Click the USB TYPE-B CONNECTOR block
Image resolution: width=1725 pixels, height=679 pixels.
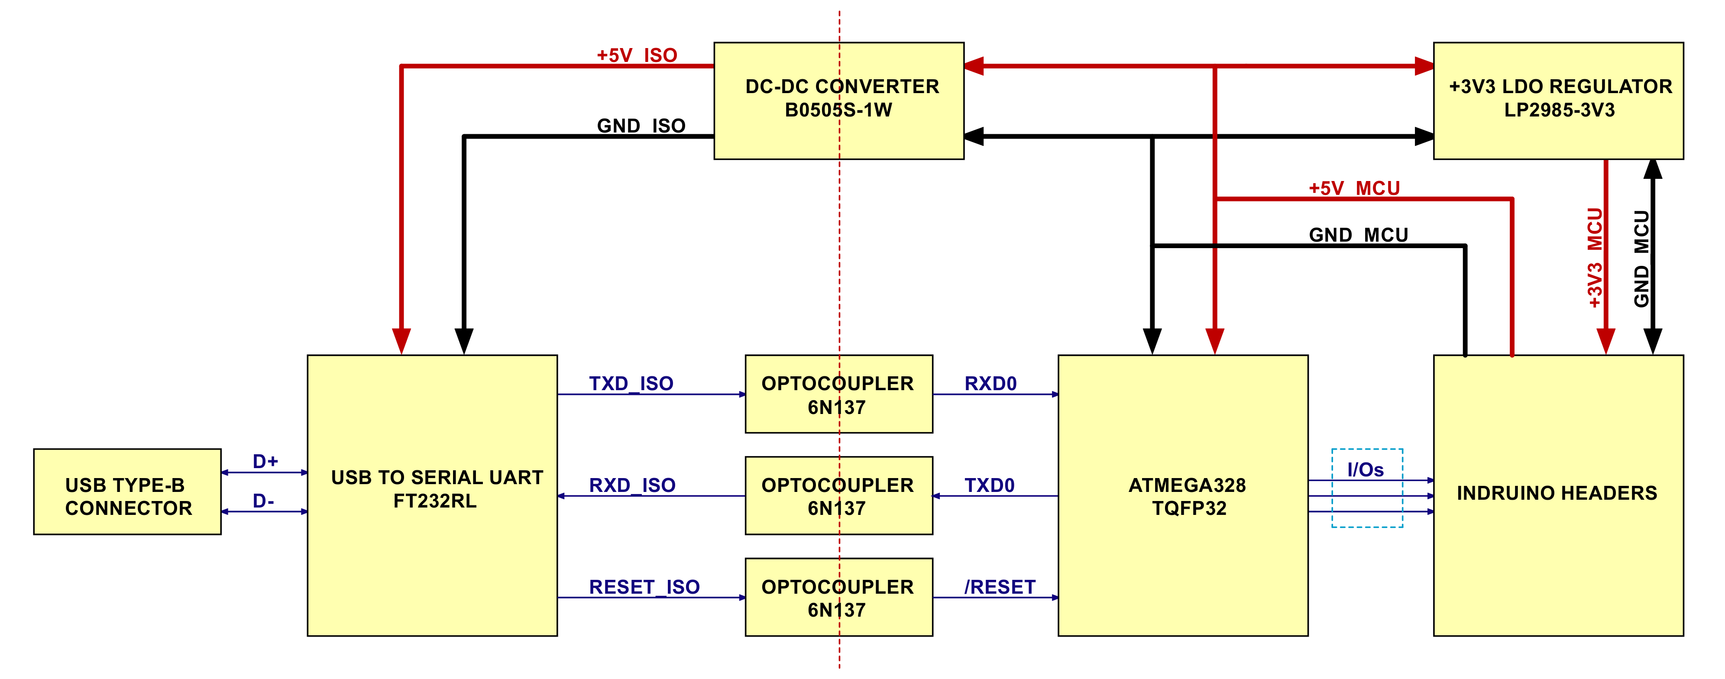tap(127, 491)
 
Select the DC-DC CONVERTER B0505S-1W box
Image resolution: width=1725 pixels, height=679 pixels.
tap(839, 101)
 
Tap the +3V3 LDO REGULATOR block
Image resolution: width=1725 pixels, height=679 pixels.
tap(1558, 101)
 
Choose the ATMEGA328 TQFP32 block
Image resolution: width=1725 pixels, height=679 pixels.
tap(1183, 495)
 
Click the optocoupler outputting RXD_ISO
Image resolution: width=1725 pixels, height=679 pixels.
tap(839, 495)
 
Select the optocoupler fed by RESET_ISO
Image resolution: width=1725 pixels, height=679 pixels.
tap(839, 597)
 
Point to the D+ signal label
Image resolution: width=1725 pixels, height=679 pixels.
tap(265, 461)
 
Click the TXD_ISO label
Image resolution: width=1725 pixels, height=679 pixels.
tap(631, 383)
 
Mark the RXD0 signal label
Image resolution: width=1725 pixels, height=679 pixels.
tap(990, 383)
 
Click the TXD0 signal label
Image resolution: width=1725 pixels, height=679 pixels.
tap(989, 485)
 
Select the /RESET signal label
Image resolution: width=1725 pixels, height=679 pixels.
tap(1000, 587)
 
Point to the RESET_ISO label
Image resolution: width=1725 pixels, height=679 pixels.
tap(644, 587)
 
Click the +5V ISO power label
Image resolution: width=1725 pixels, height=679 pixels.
tap(637, 55)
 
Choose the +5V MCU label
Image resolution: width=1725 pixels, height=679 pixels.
tap(1354, 188)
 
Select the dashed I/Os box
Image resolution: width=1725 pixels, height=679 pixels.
tap(1367, 488)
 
